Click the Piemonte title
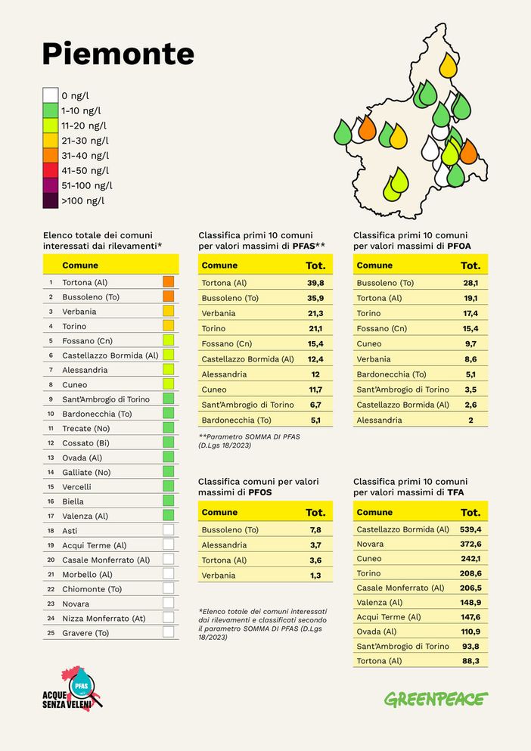coord(118,54)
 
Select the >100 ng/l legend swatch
coord(51,200)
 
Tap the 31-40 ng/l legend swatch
coord(51,155)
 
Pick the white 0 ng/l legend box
coord(51,95)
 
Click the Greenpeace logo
coord(436,699)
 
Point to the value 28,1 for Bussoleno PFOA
coord(470,283)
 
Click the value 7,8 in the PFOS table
coord(315,530)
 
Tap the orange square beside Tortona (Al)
coord(168,282)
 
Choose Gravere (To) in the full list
coord(85,633)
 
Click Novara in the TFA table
coord(370,544)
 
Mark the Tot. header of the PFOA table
coord(470,265)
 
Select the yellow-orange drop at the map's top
coord(448,65)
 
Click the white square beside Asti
coord(168,530)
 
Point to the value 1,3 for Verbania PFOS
coord(315,576)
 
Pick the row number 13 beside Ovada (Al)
coord(51,458)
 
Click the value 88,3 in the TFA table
coord(470,661)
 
